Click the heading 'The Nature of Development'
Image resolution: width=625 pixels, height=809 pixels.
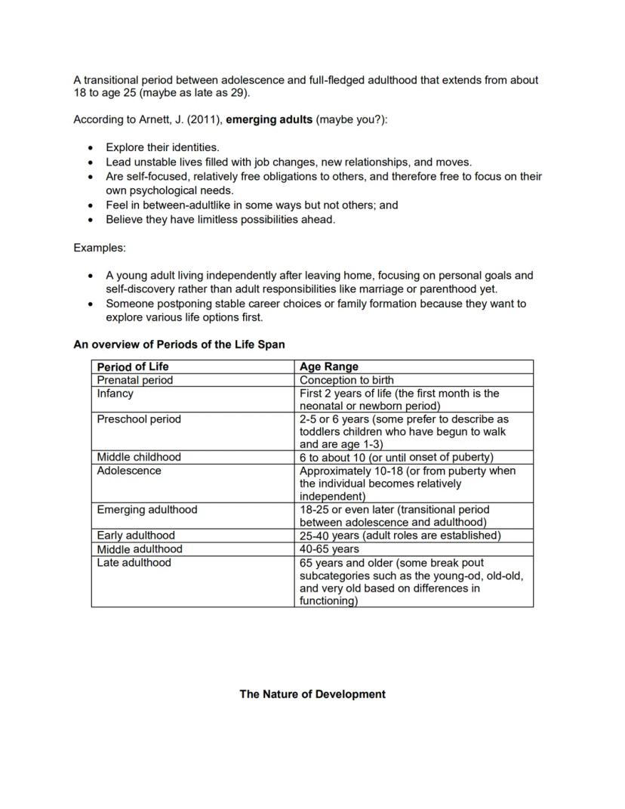[x=312, y=694]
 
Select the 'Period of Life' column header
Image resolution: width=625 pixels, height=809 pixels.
[x=133, y=366]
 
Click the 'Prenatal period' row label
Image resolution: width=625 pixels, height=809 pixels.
[x=134, y=380]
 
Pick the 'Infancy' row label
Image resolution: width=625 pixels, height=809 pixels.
[x=115, y=394]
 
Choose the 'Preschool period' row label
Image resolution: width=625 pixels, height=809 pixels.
[x=139, y=419]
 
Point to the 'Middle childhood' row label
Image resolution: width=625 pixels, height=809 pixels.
[x=139, y=457]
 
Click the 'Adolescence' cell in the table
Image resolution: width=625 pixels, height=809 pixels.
[x=129, y=471]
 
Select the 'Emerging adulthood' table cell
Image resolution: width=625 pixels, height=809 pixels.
[x=146, y=510]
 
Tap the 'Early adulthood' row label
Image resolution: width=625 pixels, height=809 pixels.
[x=135, y=536]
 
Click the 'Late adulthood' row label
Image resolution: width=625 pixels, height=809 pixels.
[x=134, y=563]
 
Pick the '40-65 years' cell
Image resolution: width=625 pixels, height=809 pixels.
[x=329, y=549]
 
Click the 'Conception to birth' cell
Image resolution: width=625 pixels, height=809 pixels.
[x=346, y=380]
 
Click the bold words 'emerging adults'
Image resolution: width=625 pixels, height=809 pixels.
[x=269, y=120]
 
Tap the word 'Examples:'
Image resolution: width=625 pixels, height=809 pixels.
[x=100, y=248]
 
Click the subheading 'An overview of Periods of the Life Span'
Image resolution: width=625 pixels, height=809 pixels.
[x=179, y=344]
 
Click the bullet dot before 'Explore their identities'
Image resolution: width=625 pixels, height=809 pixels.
[x=91, y=148]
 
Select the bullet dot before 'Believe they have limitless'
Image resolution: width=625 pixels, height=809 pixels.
[x=91, y=220]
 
